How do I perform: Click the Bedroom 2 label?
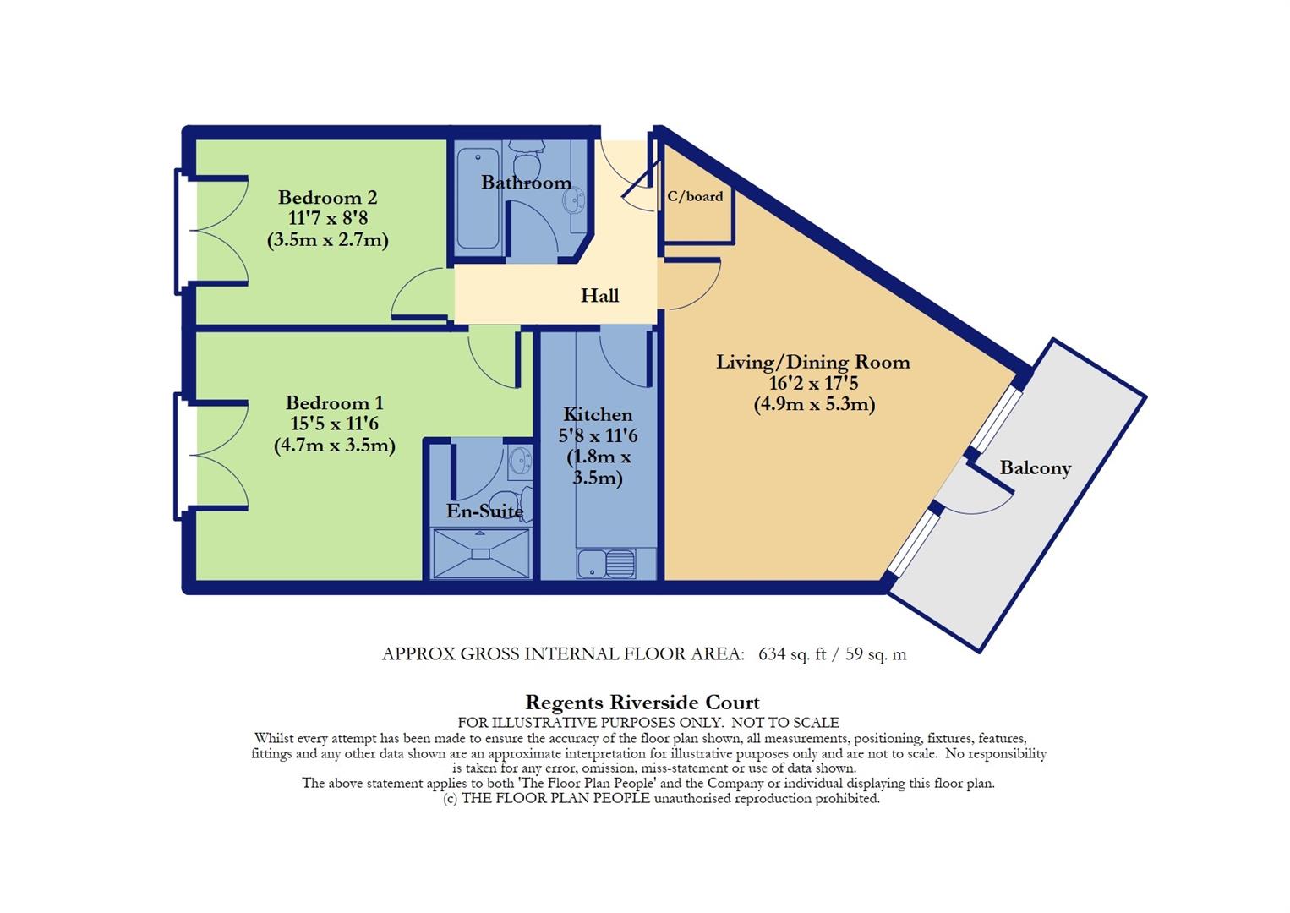[328, 198]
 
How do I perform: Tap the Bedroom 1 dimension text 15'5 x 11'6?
[334, 424]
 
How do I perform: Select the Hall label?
[599, 296]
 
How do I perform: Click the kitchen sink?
[606, 564]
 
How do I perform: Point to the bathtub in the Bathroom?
[478, 198]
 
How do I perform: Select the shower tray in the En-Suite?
[481, 554]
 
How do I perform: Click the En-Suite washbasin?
[522, 460]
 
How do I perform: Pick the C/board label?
[695, 196]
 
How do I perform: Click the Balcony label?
[1035, 467]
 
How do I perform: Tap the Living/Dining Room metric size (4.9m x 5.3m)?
[814, 404]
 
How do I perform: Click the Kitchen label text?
[597, 414]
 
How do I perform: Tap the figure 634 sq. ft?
[792, 653]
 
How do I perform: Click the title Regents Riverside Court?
[642, 703]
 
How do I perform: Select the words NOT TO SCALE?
[785, 722]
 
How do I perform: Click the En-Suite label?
[485, 511]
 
